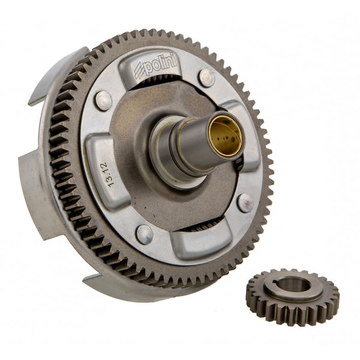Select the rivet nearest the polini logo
[x=206, y=77]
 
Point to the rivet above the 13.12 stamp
[x=103, y=100]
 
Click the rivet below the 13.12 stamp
[x=144, y=234]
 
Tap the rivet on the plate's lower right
[x=245, y=202]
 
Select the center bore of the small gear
[x=295, y=284]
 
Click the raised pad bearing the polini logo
[x=151, y=68]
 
